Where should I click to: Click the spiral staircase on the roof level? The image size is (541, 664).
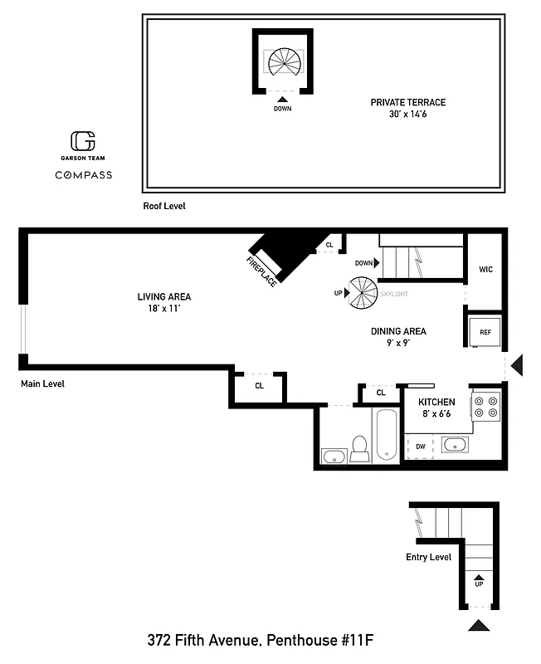pyautogui.click(x=283, y=61)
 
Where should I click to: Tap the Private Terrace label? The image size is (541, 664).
pyautogui.click(x=407, y=108)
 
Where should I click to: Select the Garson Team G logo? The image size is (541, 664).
pyautogui.click(x=82, y=140)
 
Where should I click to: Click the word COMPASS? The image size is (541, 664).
pyautogui.click(x=83, y=175)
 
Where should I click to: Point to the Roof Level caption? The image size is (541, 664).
pyautogui.click(x=163, y=205)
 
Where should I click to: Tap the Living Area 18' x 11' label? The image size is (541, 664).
pyautogui.click(x=164, y=302)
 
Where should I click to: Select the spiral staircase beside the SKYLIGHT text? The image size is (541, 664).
pyautogui.click(x=363, y=293)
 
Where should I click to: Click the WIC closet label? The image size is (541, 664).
pyautogui.click(x=485, y=269)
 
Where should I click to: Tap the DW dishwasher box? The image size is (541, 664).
pyautogui.click(x=421, y=447)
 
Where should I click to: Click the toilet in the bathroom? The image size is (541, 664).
pyautogui.click(x=360, y=448)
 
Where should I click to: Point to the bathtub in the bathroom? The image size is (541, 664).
pyautogui.click(x=386, y=435)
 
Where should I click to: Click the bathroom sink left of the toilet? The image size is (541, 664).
pyautogui.click(x=334, y=455)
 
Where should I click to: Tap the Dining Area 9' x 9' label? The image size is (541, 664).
pyautogui.click(x=398, y=337)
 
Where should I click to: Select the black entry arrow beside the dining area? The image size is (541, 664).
pyautogui.click(x=516, y=364)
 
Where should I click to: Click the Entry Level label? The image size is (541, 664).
pyautogui.click(x=428, y=557)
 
